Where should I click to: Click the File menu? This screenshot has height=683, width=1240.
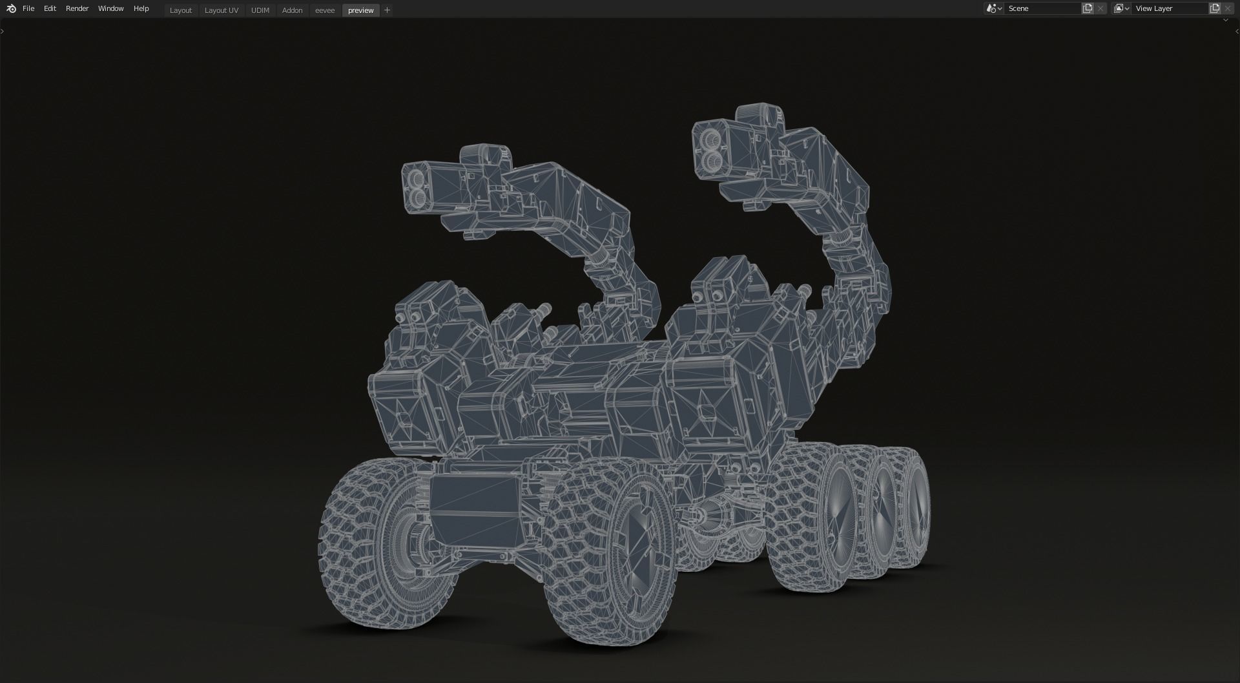click(28, 8)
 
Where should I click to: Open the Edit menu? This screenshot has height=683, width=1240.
click(50, 8)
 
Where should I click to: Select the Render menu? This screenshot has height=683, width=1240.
click(77, 8)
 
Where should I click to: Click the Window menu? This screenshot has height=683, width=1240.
click(110, 8)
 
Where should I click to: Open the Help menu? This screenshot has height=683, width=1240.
click(141, 8)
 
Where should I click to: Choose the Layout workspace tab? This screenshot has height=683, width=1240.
click(181, 10)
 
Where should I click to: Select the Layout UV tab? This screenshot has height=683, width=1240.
click(221, 10)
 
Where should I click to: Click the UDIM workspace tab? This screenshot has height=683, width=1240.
click(260, 10)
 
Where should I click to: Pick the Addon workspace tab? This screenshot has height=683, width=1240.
click(292, 10)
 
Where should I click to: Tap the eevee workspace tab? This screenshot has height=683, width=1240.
click(325, 10)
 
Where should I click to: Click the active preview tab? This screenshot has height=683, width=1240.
click(360, 10)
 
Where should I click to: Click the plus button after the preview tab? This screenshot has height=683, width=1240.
click(387, 10)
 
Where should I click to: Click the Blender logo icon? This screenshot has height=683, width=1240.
click(11, 8)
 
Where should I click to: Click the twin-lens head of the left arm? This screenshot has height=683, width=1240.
click(418, 186)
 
